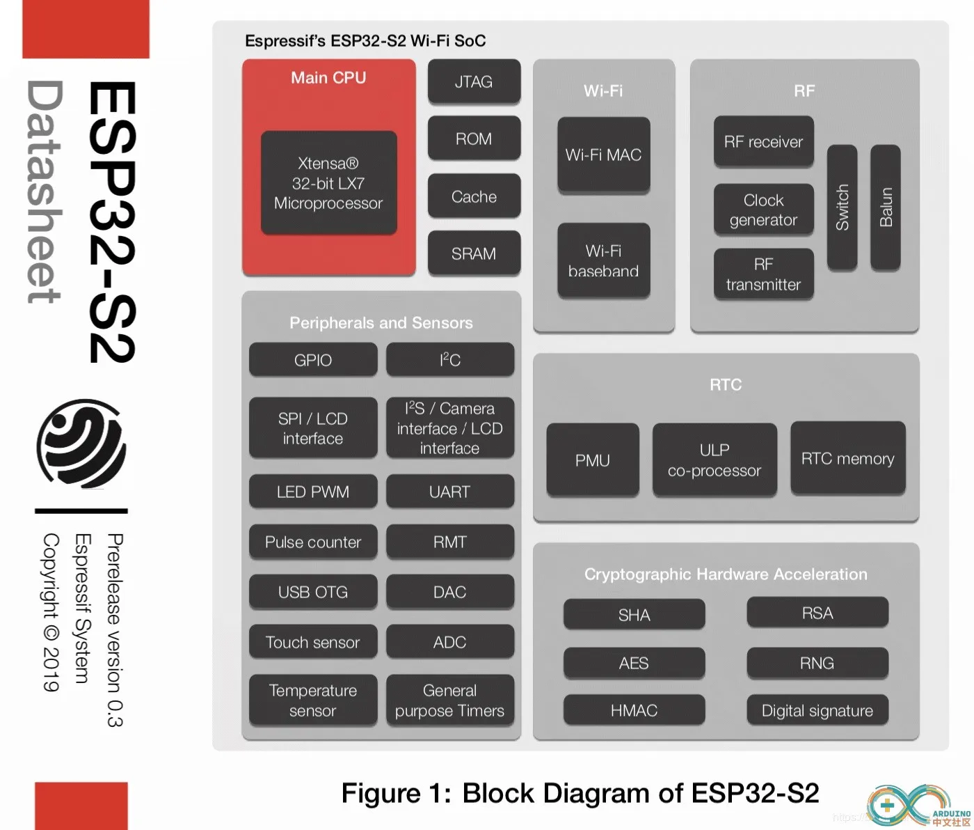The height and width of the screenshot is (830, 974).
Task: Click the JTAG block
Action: [x=474, y=81]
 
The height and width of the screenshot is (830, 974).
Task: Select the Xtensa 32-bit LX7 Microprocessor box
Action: [x=328, y=183]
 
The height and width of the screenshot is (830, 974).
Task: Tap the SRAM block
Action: [x=474, y=253]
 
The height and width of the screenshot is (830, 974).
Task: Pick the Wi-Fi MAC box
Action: [x=604, y=155]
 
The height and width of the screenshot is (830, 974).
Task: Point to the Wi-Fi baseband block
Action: [x=604, y=260]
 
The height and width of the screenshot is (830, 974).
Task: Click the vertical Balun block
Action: [x=886, y=207]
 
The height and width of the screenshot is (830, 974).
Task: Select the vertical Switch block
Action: [x=842, y=207]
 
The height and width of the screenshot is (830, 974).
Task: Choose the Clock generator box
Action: [x=763, y=210]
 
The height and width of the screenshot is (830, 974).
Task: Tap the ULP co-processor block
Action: [x=714, y=460]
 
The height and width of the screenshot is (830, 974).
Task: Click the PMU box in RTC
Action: [x=593, y=460]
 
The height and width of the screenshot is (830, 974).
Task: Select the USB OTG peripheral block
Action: [x=313, y=592]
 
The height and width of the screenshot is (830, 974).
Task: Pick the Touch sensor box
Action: [x=313, y=642]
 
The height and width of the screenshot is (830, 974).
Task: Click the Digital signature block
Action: [x=817, y=710]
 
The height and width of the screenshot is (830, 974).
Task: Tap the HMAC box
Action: [x=634, y=710]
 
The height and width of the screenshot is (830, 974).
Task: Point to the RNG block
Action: [x=817, y=663]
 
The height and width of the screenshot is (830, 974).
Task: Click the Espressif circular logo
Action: [x=81, y=444]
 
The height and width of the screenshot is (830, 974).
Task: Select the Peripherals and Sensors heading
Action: [x=381, y=322]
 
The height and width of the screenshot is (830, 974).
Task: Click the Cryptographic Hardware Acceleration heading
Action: [x=726, y=574]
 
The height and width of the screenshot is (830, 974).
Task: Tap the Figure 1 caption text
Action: [x=580, y=792]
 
